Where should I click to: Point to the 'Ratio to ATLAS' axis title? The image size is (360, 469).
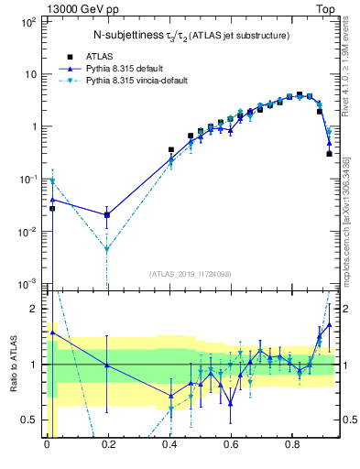[x=13, y=364]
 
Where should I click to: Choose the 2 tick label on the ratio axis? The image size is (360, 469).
[x=36, y=309]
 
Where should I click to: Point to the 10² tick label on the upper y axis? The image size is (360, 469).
[x=28, y=21]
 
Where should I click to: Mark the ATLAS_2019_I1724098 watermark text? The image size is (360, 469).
[x=191, y=274]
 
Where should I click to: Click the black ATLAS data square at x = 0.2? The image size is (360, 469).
[x=108, y=216]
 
